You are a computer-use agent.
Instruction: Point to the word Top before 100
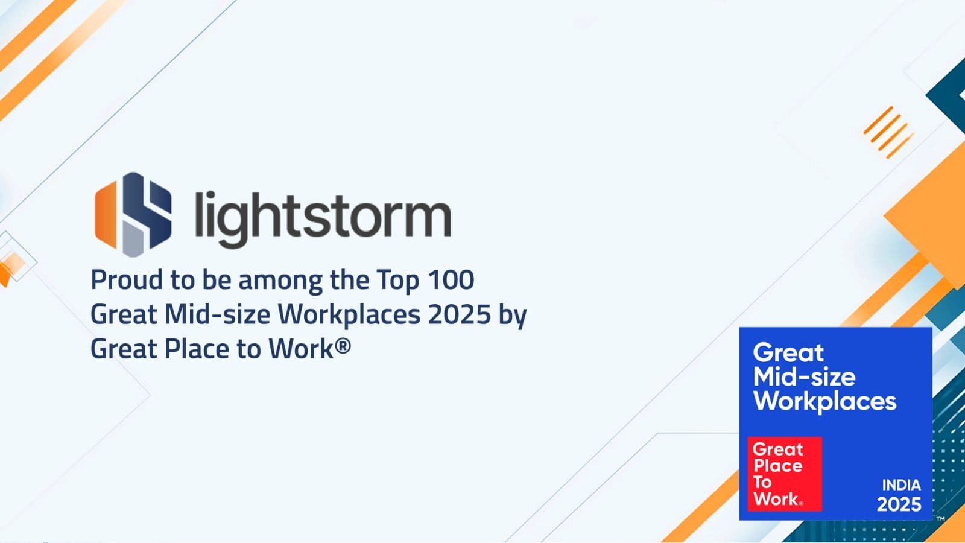point(397,281)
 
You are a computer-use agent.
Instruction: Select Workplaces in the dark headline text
point(349,314)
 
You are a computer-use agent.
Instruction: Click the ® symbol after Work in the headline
point(343,345)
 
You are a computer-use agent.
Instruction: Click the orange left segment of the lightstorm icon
point(106,215)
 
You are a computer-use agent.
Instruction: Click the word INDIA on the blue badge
point(901,485)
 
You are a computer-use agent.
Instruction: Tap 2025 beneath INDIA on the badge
point(899,504)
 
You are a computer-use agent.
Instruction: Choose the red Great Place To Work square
point(785,474)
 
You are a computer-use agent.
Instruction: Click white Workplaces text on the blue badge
point(824,401)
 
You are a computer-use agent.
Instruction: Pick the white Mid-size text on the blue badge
point(805,377)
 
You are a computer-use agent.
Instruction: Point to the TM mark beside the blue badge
point(941,518)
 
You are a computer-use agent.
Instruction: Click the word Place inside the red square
point(777,466)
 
